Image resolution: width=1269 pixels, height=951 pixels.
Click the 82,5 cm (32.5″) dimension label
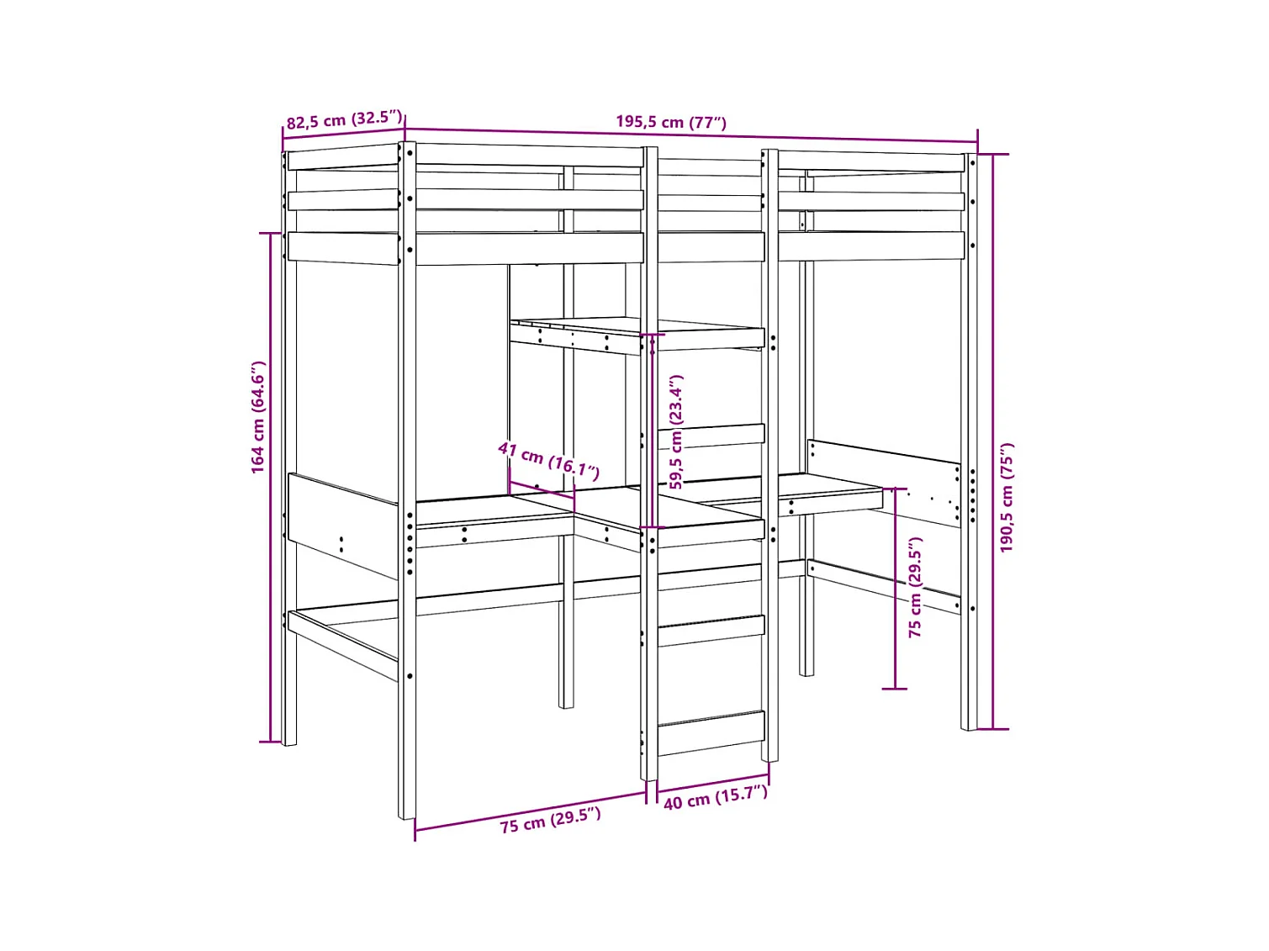(344, 119)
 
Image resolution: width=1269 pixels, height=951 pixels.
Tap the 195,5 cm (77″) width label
(670, 122)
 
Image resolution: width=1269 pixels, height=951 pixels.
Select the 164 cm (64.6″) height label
(258, 417)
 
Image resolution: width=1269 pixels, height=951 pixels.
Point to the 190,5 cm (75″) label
(1007, 497)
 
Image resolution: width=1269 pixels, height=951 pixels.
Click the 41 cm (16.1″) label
(548, 460)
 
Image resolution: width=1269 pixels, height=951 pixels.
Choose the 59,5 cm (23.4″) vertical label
(676, 431)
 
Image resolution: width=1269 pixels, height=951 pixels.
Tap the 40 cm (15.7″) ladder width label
(715, 797)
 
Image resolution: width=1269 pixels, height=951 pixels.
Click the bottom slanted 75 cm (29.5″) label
(550, 820)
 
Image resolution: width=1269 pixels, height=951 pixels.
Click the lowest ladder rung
(711, 732)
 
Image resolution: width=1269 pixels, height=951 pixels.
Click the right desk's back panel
(883, 461)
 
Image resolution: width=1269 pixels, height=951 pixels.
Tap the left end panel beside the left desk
(342, 523)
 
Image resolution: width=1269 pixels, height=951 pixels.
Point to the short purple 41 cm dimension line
(542, 489)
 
